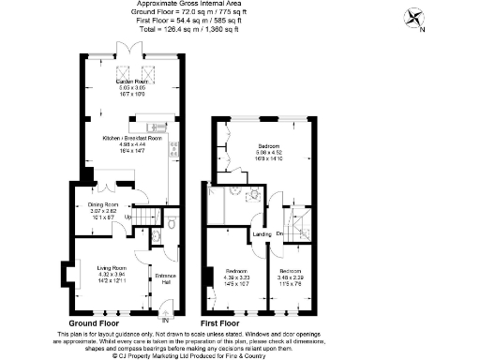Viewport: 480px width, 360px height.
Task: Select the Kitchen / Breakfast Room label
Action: [x=132, y=138]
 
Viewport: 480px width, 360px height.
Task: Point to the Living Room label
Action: [x=111, y=269]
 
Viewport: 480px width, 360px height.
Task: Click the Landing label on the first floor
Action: [x=262, y=234]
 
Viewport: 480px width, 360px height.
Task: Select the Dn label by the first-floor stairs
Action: [x=279, y=234]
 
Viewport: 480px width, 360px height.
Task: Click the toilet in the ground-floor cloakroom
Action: [x=172, y=222]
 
